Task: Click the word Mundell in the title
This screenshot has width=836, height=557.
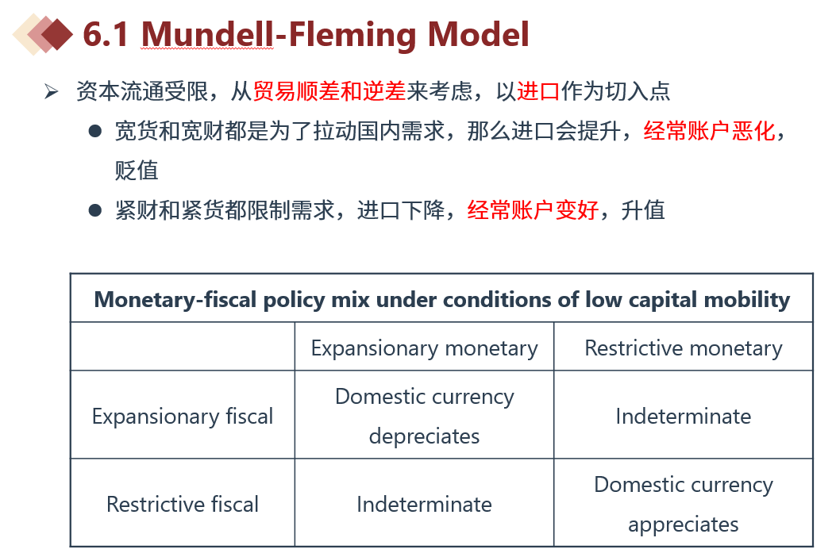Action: tap(207, 34)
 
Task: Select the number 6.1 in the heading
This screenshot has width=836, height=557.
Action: tap(106, 35)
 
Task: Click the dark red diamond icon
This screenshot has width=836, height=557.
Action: tap(57, 35)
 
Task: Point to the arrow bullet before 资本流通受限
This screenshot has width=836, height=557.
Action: tap(51, 92)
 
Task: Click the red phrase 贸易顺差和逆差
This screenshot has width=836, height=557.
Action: tap(329, 91)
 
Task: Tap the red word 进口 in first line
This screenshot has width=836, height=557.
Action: tap(538, 91)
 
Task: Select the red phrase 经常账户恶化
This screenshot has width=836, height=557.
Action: tap(709, 131)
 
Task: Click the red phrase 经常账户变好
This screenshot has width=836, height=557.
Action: tap(533, 210)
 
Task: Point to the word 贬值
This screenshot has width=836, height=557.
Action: tap(137, 171)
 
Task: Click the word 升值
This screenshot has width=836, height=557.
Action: tap(643, 210)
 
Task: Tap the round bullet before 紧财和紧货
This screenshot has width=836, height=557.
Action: tap(95, 210)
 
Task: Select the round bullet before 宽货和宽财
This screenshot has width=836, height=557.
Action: tap(95, 131)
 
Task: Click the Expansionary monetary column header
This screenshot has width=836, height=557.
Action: tap(425, 348)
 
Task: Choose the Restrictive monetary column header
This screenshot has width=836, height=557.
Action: tap(684, 348)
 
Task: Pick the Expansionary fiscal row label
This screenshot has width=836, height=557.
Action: tap(183, 417)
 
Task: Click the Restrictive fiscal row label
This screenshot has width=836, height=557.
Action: tap(183, 504)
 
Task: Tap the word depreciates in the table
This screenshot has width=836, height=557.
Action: tap(425, 436)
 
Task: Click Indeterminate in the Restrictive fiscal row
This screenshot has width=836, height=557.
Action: tap(425, 504)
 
